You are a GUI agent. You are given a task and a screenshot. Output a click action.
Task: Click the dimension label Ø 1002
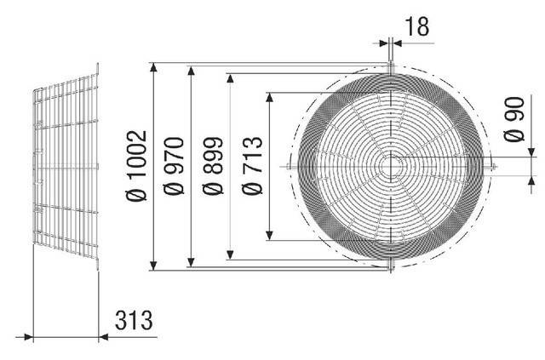tap(136, 166)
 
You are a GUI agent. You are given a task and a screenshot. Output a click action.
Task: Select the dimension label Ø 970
tap(174, 166)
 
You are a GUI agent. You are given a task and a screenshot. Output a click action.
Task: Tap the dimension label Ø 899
tap(213, 166)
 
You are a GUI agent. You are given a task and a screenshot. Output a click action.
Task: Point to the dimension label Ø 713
tap(252, 166)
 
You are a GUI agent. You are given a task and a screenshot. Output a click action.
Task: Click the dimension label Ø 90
tap(513, 119)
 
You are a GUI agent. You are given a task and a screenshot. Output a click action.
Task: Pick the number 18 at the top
tap(417, 26)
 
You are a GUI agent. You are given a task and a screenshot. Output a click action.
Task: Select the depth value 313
tap(134, 320)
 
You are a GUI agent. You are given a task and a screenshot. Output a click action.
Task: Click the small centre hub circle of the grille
tap(391, 167)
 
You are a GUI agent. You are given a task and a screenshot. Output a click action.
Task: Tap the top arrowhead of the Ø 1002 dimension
tap(153, 67)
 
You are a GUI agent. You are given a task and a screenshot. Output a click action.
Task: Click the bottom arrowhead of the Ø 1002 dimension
tap(153, 266)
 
